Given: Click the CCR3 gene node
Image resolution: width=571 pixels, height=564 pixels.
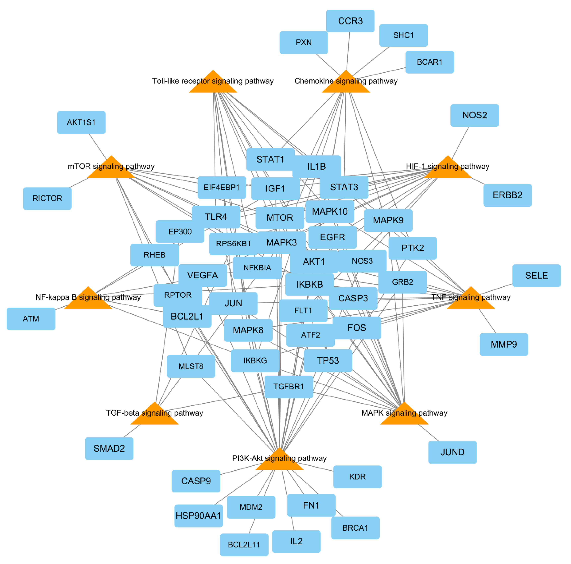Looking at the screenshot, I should point(350,21).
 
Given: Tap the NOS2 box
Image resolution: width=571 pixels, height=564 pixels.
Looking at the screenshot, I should point(474,115).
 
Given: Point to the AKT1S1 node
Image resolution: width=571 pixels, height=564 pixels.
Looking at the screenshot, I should point(81,122).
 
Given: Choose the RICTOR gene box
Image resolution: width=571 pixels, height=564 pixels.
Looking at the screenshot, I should point(47,198).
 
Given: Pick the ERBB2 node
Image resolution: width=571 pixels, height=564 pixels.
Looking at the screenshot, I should point(507,195).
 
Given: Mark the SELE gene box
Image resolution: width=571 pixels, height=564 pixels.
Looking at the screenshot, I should point(536,275).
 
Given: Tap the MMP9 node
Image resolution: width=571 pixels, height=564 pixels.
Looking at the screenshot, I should point(504,344).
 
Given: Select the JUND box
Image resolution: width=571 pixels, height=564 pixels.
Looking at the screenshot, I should point(452,452).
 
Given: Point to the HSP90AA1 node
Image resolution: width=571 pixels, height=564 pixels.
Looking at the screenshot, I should point(198,515).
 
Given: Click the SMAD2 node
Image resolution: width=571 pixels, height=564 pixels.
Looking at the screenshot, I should point(109,448).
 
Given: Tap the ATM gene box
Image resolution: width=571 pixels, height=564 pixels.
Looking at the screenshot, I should point(31,319).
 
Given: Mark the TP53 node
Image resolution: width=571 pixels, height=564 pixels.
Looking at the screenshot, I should point(328,360).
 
